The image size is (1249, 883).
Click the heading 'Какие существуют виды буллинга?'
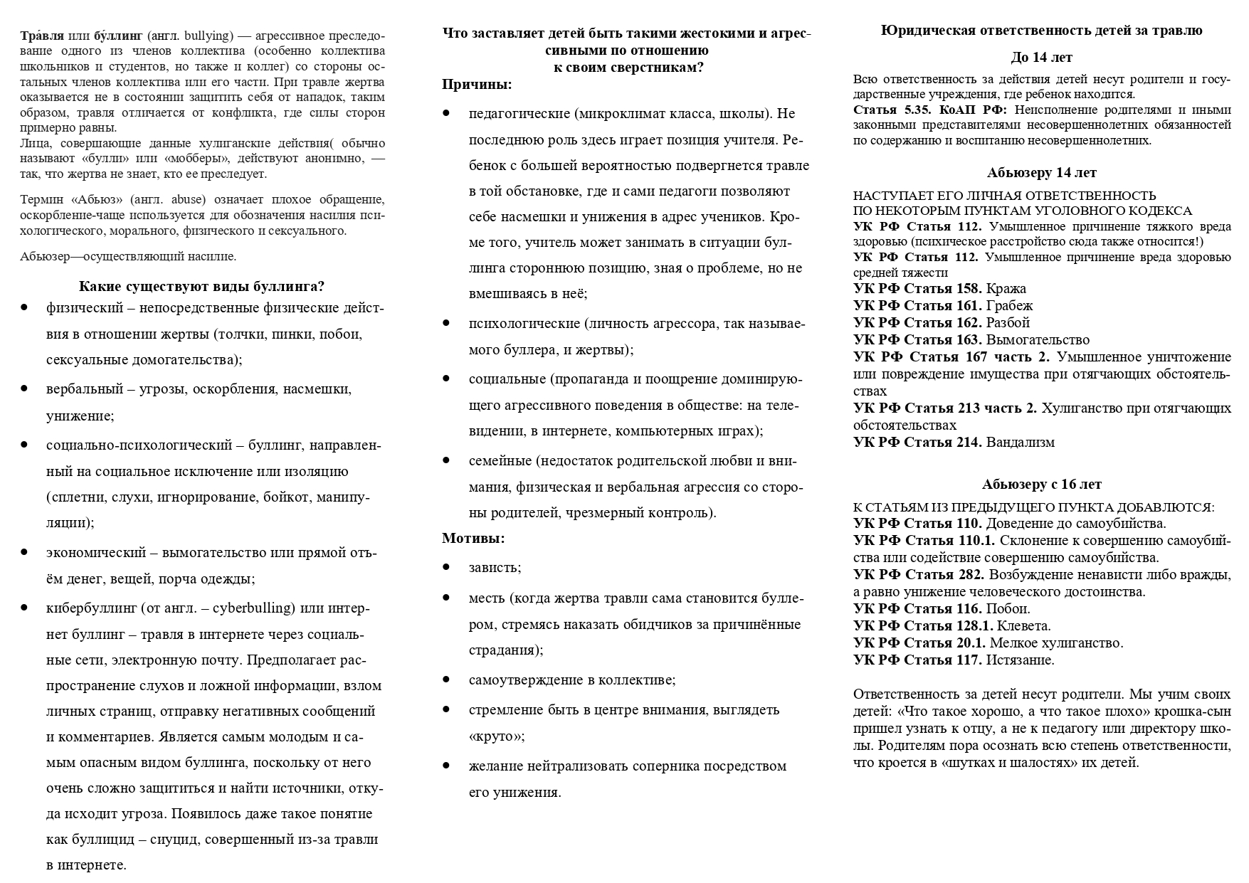coord(201,287)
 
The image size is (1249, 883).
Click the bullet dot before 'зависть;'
coord(446,567)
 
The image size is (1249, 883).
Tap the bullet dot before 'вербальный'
coord(25,389)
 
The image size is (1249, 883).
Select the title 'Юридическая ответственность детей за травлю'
coord(1041,31)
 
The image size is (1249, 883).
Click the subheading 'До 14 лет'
coord(1041,58)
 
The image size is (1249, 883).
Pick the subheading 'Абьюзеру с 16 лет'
coord(1041,485)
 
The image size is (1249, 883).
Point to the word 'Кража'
coord(1006,289)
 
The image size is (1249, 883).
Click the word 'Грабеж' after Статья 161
coord(1009,306)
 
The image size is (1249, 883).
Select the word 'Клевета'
coord(1023,626)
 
